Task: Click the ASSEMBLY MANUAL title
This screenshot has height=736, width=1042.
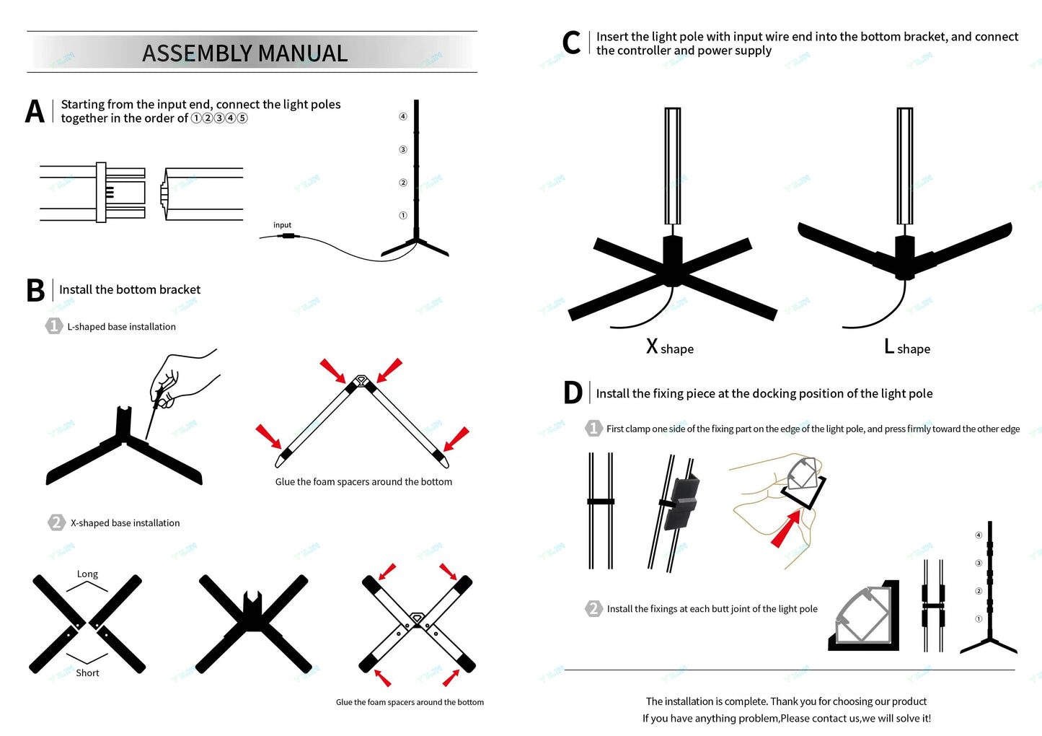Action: pyautogui.click(x=244, y=53)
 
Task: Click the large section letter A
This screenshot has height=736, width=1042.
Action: pyautogui.click(x=35, y=112)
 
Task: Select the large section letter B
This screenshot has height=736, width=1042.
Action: pyautogui.click(x=35, y=290)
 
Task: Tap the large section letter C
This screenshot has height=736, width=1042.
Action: pyautogui.click(x=571, y=43)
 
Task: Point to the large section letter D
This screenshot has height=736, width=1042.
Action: pyautogui.click(x=573, y=393)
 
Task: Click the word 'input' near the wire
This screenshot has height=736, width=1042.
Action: pyautogui.click(x=282, y=225)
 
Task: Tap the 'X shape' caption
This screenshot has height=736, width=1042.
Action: pyautogui.click(x=669, y=348)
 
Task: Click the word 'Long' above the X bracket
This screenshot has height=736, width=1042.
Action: pyautogui.click(x=87, y=574)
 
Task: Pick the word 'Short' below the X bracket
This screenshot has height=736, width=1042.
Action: pyautogui.click(x=87, y=673)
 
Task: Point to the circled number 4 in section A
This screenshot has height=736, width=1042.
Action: pyautogui.click(x=403, y=116)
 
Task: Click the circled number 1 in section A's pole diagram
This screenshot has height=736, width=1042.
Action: pyautogui.click(x=403, y=215)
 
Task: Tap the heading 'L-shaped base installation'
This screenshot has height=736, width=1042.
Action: pyautogui.click(x=121, y=327)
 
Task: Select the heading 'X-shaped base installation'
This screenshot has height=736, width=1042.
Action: pyautogui.click(x=125, y=523)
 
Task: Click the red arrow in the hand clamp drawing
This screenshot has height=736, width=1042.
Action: pyautogui.click(x=785, y=530)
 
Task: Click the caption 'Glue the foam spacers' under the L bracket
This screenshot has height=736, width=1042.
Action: pyautogui.click(x=363, y=482)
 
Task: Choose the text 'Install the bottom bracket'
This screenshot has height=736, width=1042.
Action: pyautogui.click(x=130, y=290)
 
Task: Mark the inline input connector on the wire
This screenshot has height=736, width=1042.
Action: pyautogui.click(x=288, y=235)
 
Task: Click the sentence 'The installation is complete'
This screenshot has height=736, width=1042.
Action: pyautogui.click(x=786, y=701)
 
